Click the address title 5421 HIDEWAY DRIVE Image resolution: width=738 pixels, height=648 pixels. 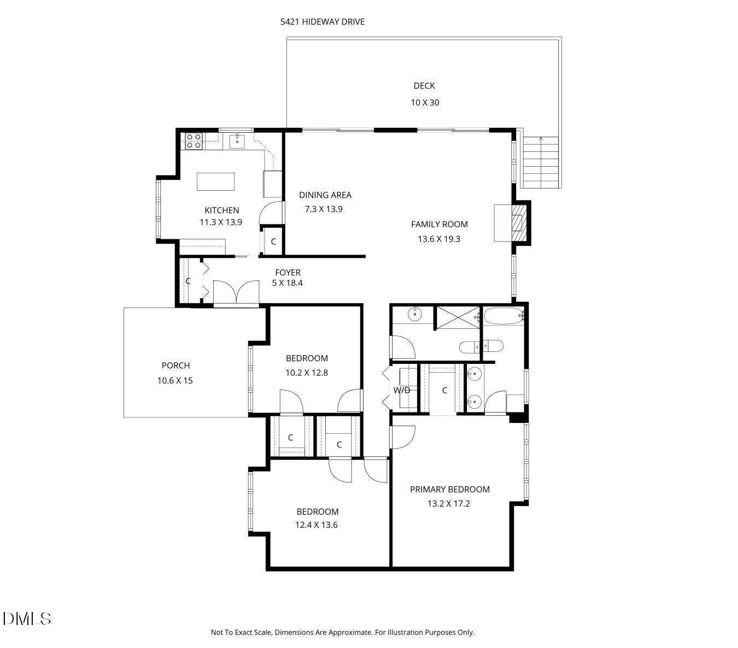tap(322, 22)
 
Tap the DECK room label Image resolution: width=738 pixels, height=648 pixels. tap(424, 86)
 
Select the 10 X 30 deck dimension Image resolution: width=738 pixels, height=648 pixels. tap(425, 103)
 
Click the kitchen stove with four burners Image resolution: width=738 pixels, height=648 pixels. tap(194, 141)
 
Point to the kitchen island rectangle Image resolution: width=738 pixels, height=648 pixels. tap(215, 181)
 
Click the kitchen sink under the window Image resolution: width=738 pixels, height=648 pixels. tap(237, 140)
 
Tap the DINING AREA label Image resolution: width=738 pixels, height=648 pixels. tap(325, 195)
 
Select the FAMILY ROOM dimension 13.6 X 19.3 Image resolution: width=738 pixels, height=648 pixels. tap(439, 239)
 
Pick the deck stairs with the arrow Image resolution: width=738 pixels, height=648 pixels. tap(541, 162)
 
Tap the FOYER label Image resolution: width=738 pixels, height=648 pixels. tap(288, 273)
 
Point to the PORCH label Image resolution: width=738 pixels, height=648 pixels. tap(175, 366)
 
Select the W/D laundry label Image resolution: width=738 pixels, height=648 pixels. tap(402, 390)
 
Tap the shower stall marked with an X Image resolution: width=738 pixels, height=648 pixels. tap(456, 318)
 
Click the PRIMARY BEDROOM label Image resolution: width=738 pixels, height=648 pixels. tap(449, 490)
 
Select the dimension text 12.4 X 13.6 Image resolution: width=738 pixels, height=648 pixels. tap(317, 525)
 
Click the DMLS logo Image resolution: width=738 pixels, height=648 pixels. tap(27, 618)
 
